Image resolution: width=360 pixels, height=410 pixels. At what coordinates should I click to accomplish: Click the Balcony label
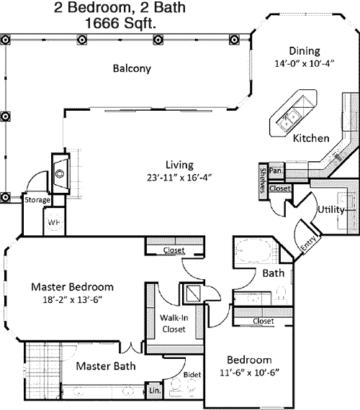click(132, 68)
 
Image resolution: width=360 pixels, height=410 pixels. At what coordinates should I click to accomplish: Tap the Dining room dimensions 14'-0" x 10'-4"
click(305, 63)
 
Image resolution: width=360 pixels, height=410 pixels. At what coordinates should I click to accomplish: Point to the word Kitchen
click(311, 138)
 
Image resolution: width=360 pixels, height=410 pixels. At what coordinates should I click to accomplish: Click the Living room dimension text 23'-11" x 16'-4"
click(179, 178)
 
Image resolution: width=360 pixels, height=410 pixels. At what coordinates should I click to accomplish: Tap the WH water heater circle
click(55, 222)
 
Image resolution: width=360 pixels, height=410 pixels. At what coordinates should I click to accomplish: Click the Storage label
click(37, 200)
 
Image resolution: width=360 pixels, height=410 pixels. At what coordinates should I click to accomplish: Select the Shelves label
click(263, 181)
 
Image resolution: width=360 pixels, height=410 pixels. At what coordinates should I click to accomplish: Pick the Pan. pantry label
click(276, 170)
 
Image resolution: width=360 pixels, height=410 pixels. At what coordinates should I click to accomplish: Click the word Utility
click(331, 210)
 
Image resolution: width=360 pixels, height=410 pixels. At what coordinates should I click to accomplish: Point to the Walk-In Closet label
click(174, 323)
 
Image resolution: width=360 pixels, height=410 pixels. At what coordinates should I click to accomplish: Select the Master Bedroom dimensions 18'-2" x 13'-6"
click(72, 300)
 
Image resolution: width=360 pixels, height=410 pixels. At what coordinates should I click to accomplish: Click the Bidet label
click(192, 375)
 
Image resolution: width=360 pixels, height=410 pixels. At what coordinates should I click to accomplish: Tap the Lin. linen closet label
click(155, 391)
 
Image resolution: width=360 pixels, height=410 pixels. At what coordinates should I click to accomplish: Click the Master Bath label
click(106, 366)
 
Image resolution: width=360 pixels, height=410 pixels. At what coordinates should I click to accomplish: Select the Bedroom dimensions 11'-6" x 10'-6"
click(249, 373)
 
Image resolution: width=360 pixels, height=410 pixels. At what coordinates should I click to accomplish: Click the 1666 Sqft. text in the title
click(121, 23)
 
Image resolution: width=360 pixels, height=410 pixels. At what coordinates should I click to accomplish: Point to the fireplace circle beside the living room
click(60, 173)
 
